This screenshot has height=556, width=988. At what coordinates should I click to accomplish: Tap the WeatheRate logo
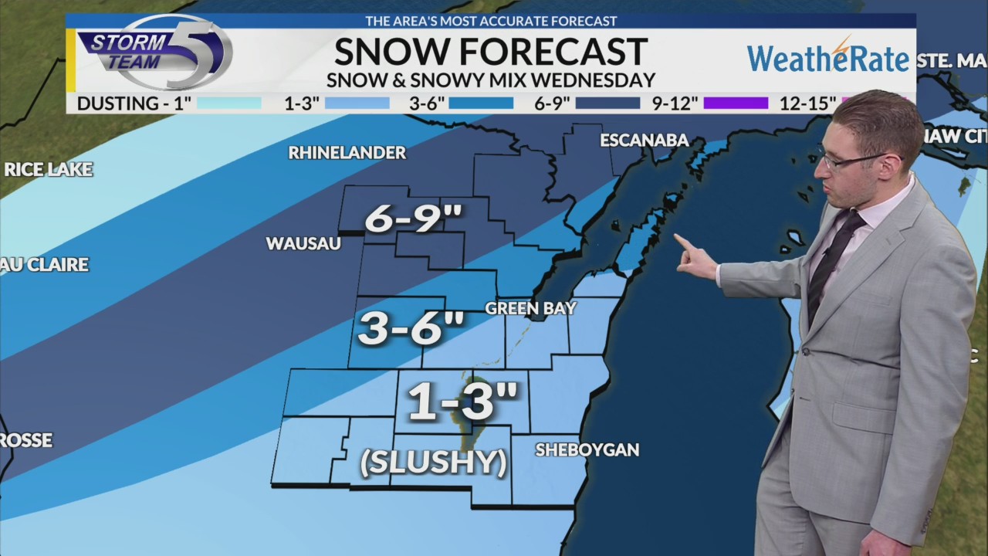[x=827, y=57]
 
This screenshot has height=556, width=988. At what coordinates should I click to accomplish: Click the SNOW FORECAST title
[x=490, y=52]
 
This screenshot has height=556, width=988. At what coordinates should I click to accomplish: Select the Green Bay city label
[x=530, y=308]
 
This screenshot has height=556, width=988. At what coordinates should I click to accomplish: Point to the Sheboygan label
[x=587, y=449]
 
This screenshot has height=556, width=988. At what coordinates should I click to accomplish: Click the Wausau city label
[x=303, y=243]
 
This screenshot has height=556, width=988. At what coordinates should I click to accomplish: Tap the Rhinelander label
[x=347, y=152]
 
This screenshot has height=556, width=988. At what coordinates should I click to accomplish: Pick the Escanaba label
[x=645, y=140]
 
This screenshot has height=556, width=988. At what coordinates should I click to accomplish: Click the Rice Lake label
[x=48, y=169]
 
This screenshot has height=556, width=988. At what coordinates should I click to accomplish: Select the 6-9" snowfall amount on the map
[x=413, y=219]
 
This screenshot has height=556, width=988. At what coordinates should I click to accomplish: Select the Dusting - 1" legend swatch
[x=229, y=103]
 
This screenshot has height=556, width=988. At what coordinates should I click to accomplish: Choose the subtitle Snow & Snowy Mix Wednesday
[x=490, y=80]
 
